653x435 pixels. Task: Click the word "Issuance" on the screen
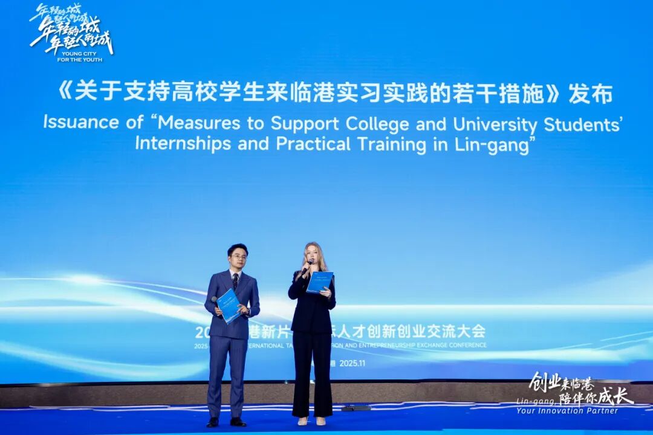(x=81, y=121)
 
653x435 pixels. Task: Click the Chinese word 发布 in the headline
(x=591, y=94)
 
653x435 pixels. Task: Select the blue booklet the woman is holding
(x=319, y=282)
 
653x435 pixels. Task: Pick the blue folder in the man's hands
(x=229, y=305)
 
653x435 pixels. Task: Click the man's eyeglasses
(x=238, y=256)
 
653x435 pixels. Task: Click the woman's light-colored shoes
(x=311, y=420)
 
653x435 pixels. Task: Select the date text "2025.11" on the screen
(x=353, y=363)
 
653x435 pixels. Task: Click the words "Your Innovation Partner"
(x=567, y=411)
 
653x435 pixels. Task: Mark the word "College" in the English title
(x=377, y=123)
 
